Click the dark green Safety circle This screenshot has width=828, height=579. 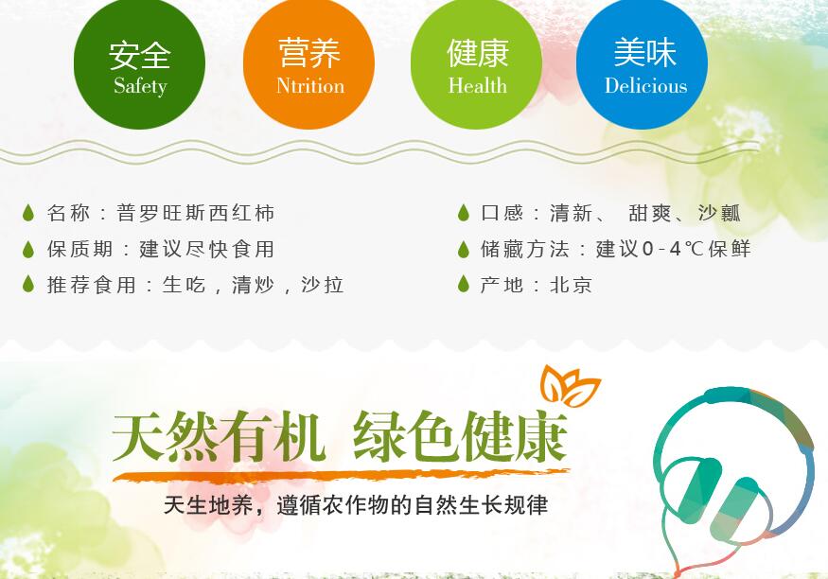[139, 63]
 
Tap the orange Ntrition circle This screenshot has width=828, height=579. [308, 63]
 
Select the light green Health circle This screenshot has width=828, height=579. [476, 63]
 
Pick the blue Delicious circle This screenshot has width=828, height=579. [642, 63]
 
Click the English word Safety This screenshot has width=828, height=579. [140, 86]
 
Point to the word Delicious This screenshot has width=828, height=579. [645, 85]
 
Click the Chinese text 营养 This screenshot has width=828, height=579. [309, 53]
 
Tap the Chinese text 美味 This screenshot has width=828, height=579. [644, 52]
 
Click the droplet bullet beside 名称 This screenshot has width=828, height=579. [28, 213]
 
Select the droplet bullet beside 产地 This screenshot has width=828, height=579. [464, 284]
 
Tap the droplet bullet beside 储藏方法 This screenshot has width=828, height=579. [464, 249]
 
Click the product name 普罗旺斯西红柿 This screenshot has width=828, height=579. [195, 213]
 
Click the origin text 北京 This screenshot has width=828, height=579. [571, 285]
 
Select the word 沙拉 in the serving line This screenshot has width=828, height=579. [323, 285]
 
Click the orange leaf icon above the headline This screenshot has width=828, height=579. [572, 385]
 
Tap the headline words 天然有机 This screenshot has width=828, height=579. [218, 437]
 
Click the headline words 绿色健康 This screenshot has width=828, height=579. [461, 436]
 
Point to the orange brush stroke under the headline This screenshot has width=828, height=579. [341, 476]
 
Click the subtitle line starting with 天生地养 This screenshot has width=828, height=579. [356, 505]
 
